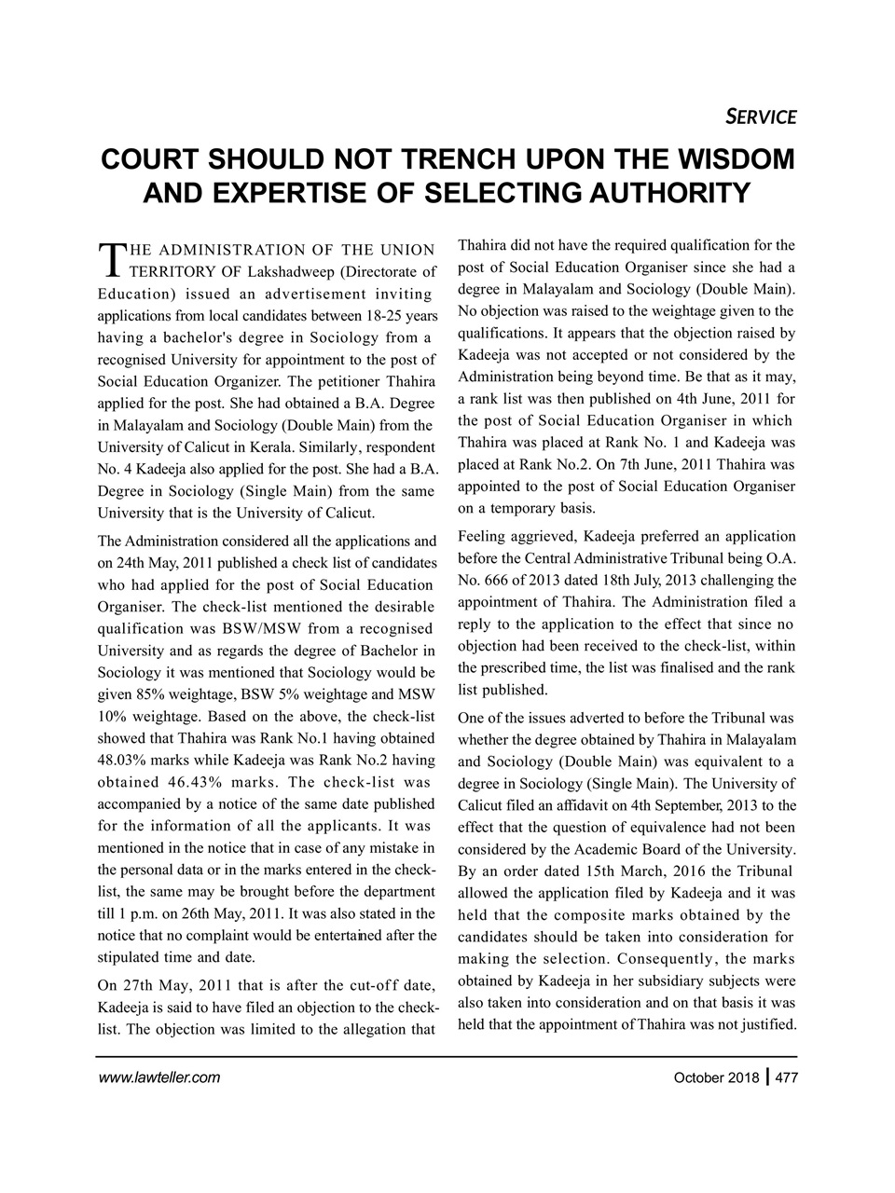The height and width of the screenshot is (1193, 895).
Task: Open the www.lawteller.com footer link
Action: [x=158, y=1078]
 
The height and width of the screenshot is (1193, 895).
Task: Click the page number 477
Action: [x=783, y=1078]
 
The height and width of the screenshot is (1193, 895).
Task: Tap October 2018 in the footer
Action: [x=715, y=1078]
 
